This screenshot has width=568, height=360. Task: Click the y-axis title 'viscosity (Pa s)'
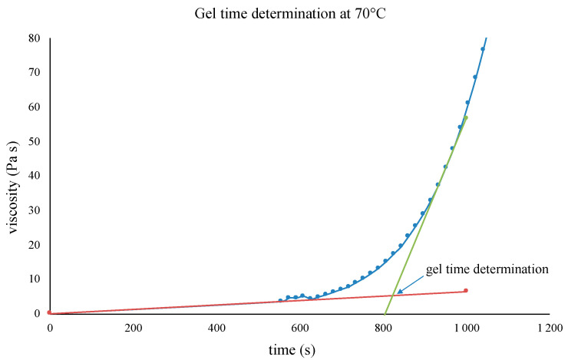[15, 176]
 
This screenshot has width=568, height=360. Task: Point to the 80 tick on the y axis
[35, 38]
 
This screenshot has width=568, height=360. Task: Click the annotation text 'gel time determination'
[487, 269]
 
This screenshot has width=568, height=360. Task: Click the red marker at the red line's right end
[466, 291]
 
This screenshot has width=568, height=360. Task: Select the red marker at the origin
[49, 313]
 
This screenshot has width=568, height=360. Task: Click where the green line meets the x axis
[385, 314]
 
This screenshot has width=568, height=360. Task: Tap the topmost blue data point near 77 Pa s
[483, 49]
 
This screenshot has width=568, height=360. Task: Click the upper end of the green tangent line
[467, 117]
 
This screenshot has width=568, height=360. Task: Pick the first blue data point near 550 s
[280, 301]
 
